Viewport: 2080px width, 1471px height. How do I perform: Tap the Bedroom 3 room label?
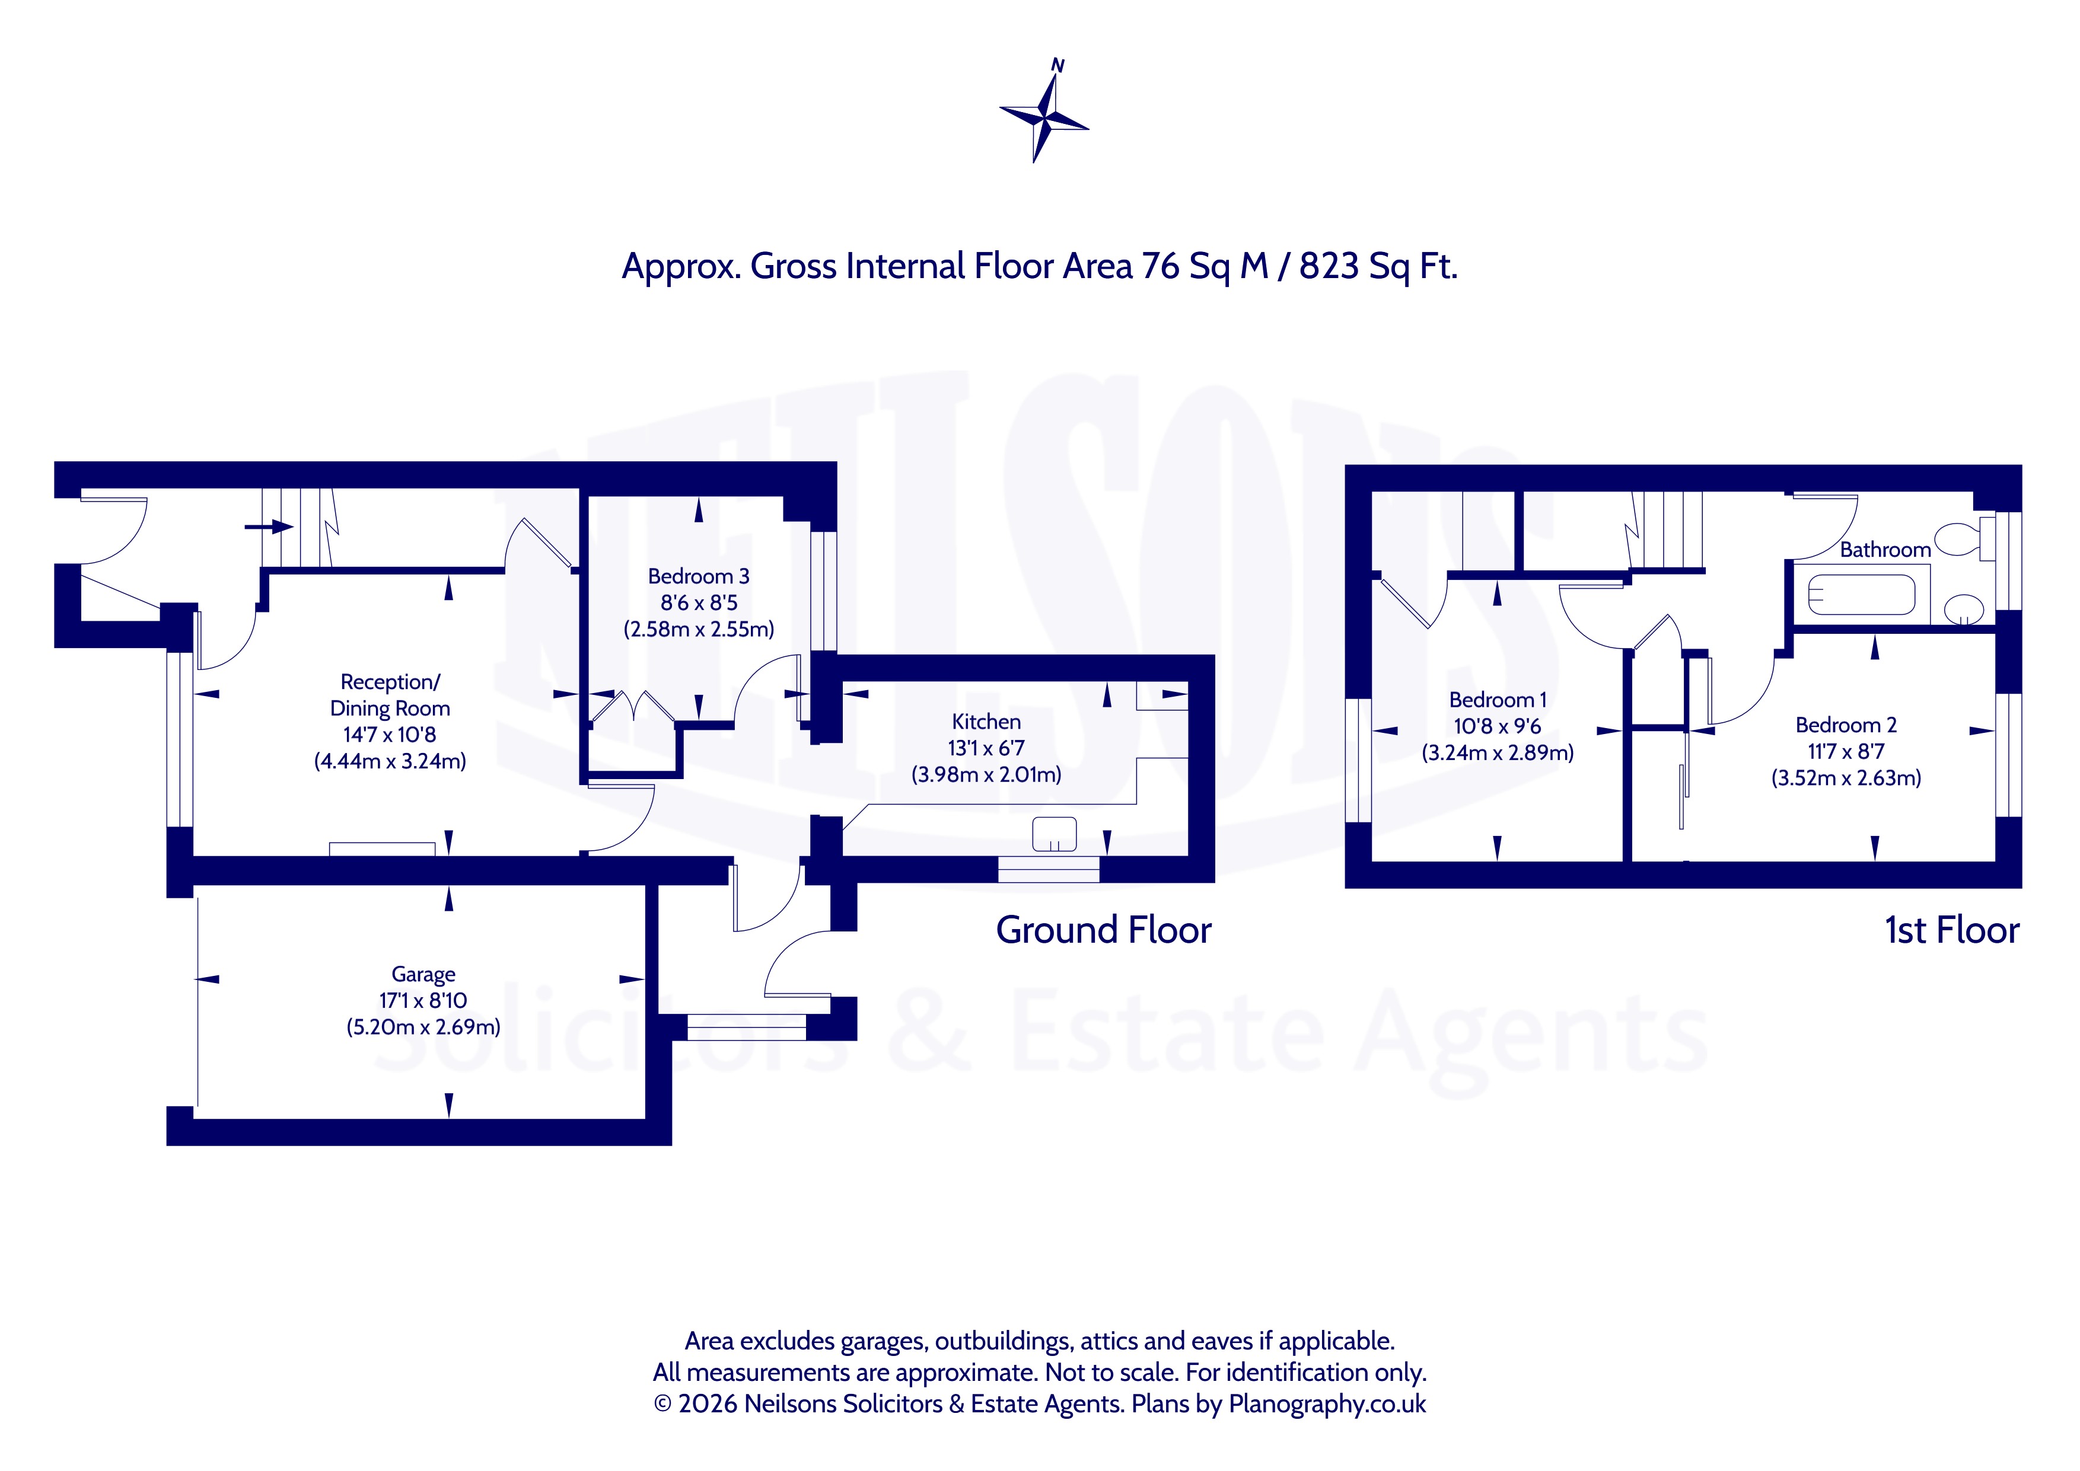(699, 576)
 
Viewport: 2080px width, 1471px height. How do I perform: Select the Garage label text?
(423, 975)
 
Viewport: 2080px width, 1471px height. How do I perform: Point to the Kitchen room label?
(986, 722)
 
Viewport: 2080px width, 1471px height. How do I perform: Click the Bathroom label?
(1885, 550)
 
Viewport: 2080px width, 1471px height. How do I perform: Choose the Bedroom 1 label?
(1498, 700)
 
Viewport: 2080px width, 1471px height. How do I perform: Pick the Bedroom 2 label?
(1845, 726)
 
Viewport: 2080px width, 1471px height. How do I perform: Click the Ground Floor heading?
(1103, 930)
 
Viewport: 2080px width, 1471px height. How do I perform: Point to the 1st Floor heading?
(1951, 930)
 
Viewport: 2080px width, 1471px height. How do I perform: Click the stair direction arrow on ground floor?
(270, 527)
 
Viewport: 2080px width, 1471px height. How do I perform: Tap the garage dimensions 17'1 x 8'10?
(423, 1001)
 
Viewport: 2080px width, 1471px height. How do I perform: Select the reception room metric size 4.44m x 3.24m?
(390, 761)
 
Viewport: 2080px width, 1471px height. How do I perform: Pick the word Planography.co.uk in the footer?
(1327, 1405)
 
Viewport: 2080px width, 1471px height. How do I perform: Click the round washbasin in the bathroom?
(1964, 610)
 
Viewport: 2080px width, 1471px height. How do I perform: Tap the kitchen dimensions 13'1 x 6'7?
(986, 748)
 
